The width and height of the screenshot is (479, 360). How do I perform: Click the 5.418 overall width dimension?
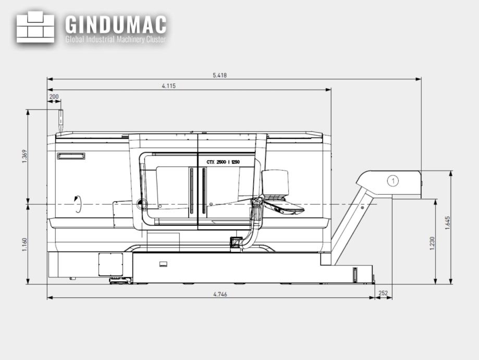(219, 75)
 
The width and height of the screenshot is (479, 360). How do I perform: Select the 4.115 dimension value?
(168, 86)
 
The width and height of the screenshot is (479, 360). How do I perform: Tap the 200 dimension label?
(54, 97)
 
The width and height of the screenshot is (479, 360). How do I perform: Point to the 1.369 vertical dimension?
(24, 156)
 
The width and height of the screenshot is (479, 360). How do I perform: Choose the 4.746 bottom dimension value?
(220, 294)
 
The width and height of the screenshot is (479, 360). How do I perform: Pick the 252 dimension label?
(383, 294)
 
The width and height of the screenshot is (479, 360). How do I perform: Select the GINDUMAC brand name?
(116, 24)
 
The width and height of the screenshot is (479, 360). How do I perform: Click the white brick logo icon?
(35, 27)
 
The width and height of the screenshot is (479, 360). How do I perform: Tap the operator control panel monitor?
(276, 182)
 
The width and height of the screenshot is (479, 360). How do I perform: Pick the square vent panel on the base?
(110, 264)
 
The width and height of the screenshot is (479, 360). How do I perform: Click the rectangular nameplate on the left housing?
(71, 156)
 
